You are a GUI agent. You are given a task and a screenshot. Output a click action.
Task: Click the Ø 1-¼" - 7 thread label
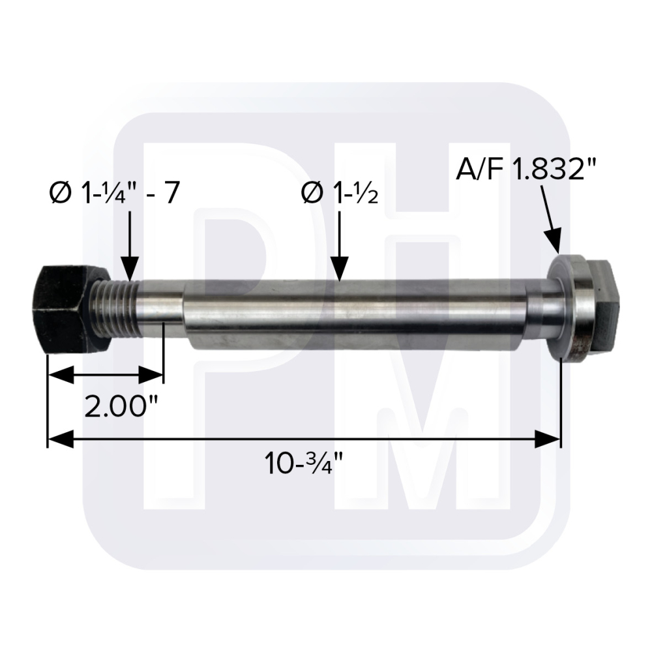(x=114, y=194)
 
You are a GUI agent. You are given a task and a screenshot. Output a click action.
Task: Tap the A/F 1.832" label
(x=526, y=170)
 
